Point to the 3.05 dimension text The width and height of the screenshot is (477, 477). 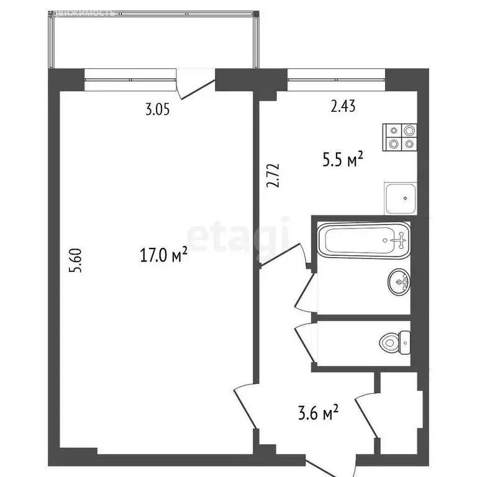[x=158, y=111]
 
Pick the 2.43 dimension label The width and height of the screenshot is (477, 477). [x=343, y=107]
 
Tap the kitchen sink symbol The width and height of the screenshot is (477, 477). [x=400, y=198]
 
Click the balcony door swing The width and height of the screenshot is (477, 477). [x=189, y=87]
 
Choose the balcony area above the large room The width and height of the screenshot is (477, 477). [x=153, y=40]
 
